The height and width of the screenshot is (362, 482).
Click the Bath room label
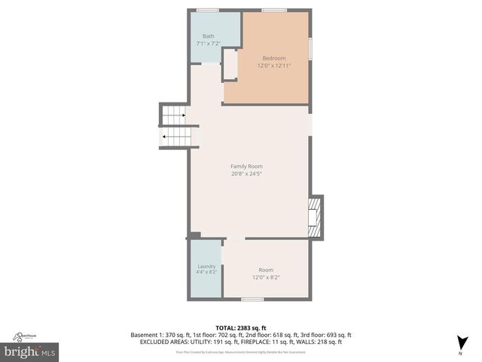click(x=208, y=36)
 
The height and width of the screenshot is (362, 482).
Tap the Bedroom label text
click(x=274, y=58)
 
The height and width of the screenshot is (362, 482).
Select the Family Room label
click(x=246, y=166)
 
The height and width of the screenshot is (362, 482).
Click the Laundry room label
click(x=206, y=266)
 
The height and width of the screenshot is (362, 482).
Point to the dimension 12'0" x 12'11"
click(x=274, y=66)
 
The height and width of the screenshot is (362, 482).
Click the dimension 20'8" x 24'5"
click(x=246, y=173)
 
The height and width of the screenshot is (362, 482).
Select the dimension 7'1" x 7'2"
click(x=208, y=44)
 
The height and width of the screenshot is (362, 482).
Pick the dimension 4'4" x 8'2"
click(x=206, y=272)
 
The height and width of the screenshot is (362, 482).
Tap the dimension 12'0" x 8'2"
click(x=266, y=277)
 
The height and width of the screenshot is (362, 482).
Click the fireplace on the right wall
click(x=318, y=217)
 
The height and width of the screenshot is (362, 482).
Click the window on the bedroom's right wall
click(x=310, y=46)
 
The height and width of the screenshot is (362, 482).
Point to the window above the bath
click(x=207, y=10)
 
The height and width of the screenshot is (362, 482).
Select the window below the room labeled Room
click(x=252, y=299)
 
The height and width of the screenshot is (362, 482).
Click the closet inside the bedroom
click(x=230, y=64)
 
